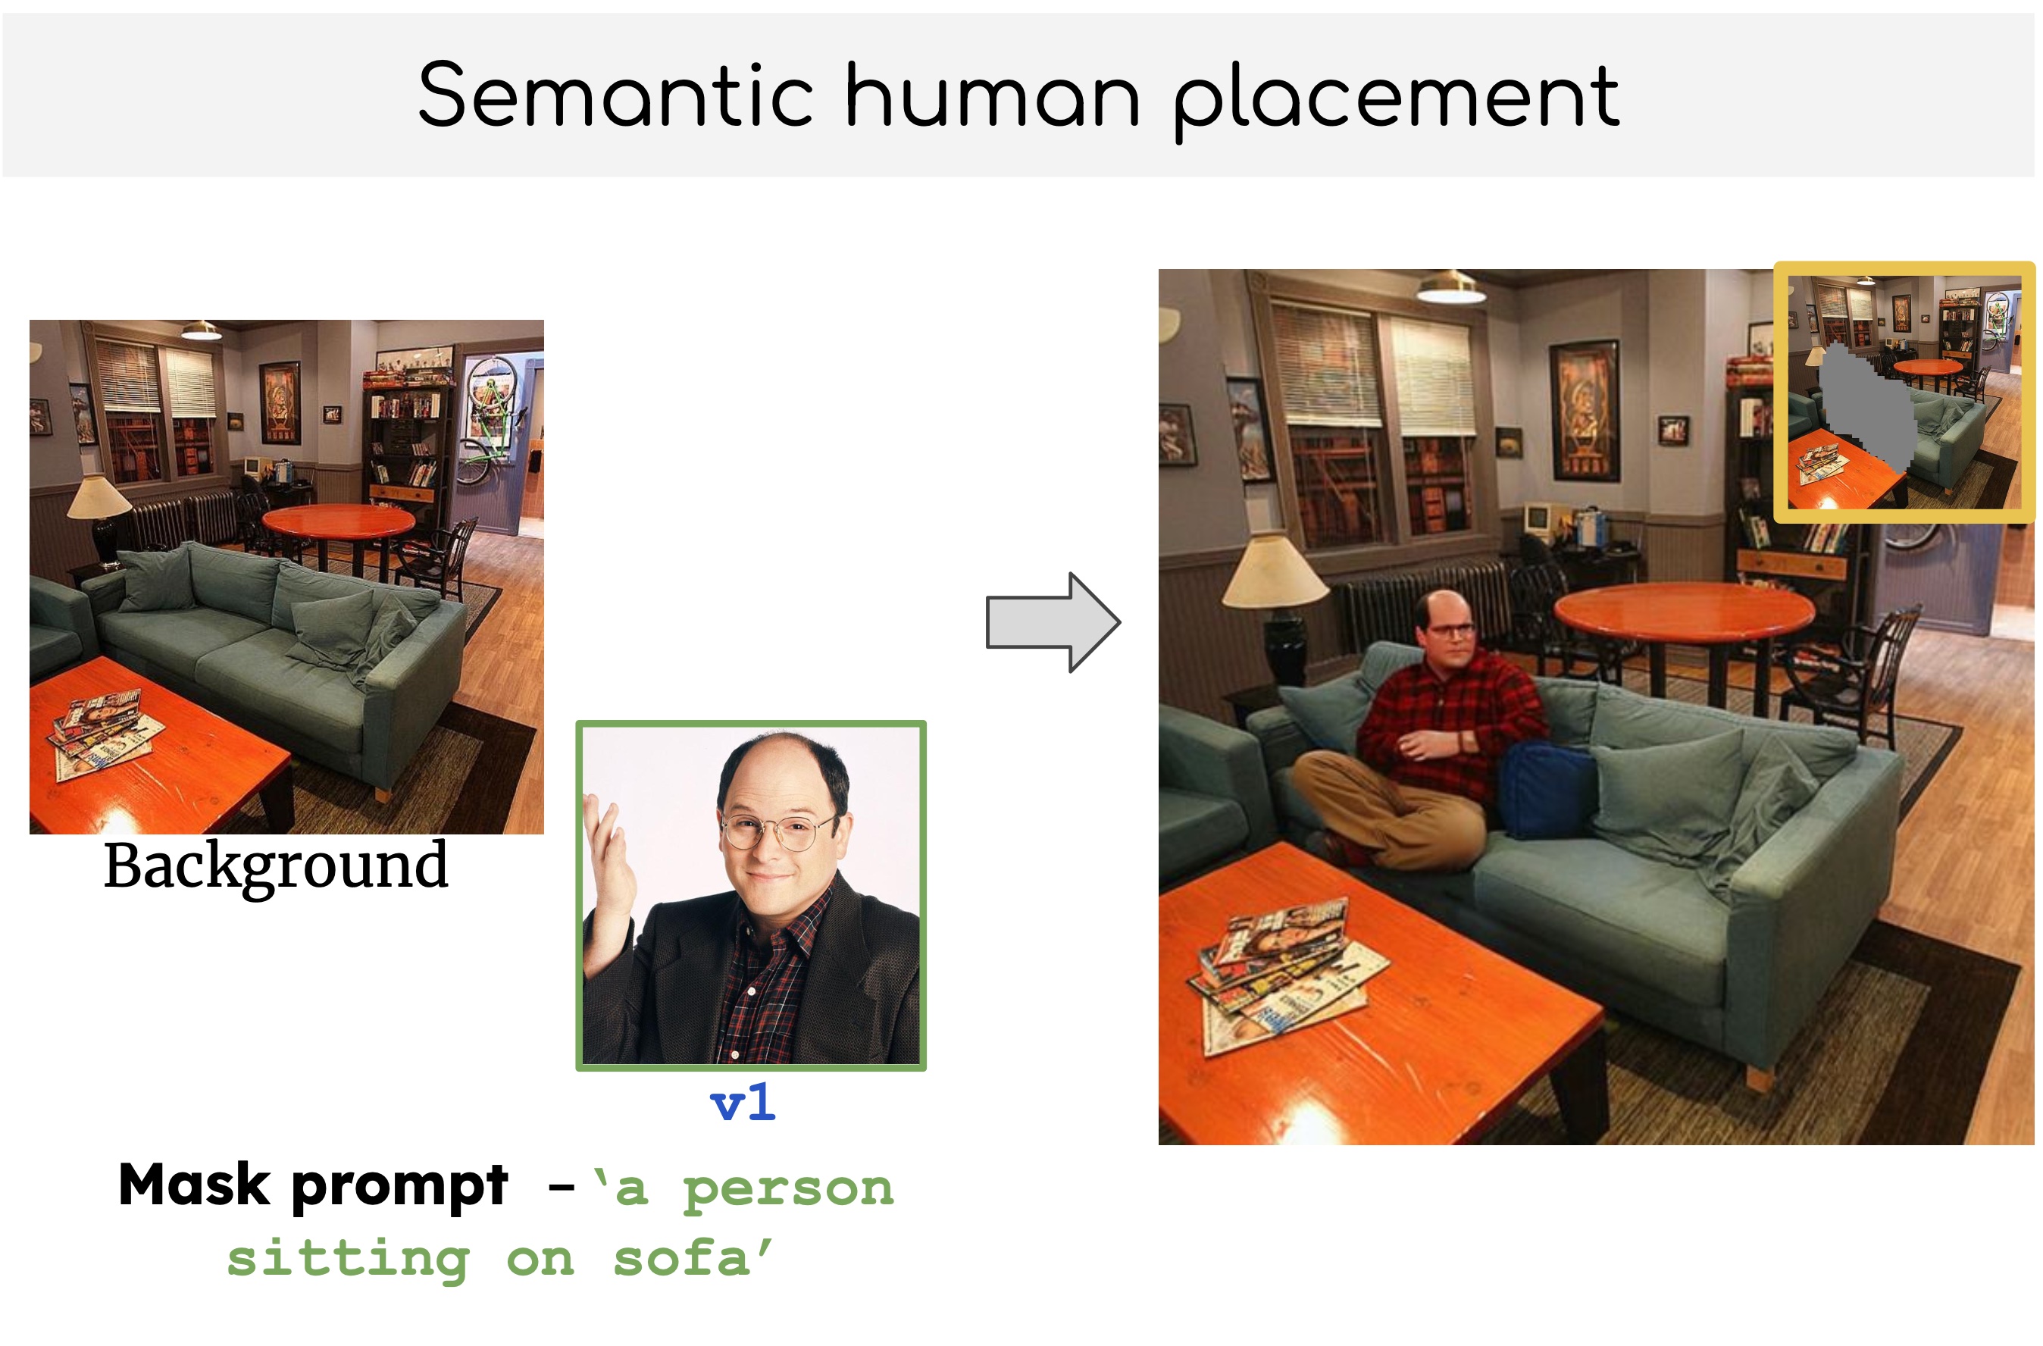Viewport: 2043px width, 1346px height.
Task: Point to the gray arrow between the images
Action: (1053, 622)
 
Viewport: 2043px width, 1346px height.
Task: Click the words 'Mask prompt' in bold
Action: (312, 1186)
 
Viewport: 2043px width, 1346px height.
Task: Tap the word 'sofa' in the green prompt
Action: (681, 1258)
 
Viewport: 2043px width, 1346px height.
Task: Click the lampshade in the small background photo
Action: (99, 496)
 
